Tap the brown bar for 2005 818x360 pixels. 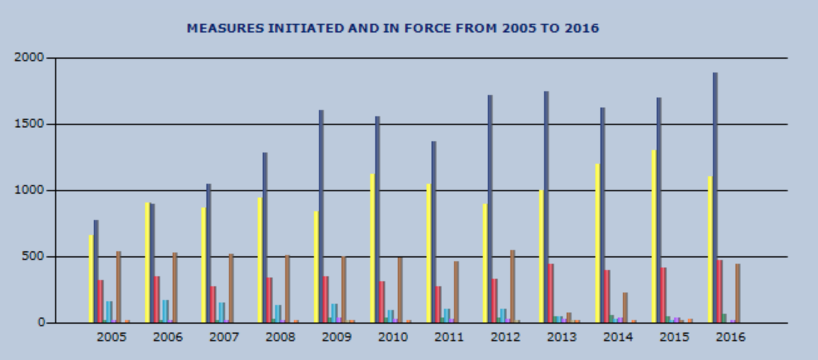click(118, 287)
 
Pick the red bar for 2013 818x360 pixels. click(551, 293)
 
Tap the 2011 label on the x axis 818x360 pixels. click(449, 337)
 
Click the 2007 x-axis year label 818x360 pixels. click(224, 337)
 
